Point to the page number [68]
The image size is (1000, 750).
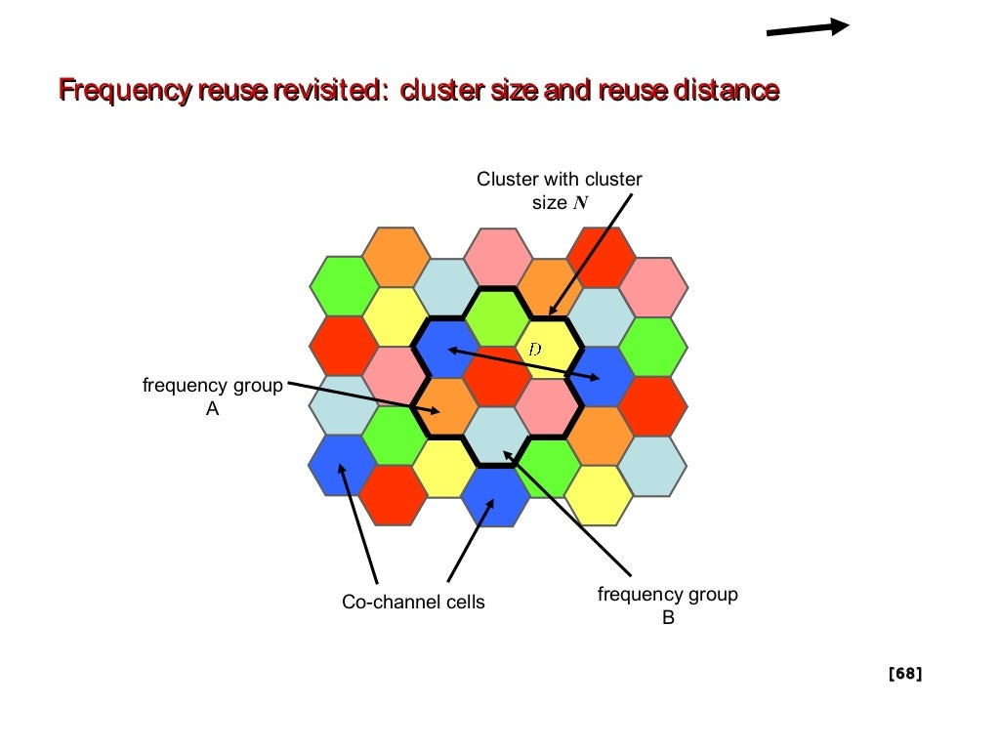904,673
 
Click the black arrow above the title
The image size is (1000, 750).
807,28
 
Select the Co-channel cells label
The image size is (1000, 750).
413,603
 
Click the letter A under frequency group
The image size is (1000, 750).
212,410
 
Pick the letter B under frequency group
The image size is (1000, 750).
668,617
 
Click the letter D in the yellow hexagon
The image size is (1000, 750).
533,349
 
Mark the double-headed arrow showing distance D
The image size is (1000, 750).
523,363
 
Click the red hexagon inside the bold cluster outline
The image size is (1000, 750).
497,376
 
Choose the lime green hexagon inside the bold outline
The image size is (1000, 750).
496,316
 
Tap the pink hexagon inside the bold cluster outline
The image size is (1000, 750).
547,406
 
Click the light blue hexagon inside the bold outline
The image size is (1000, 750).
496,436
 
